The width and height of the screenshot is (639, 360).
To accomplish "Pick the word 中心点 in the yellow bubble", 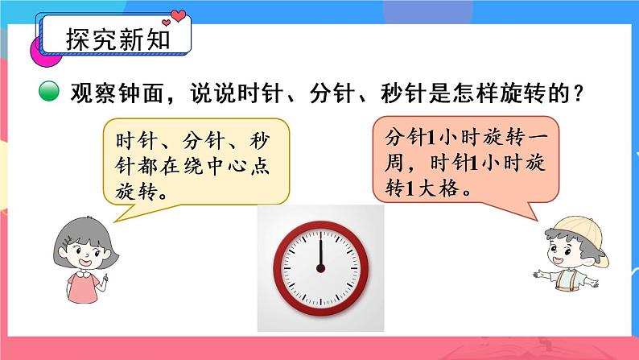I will click(x=241, y=167).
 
